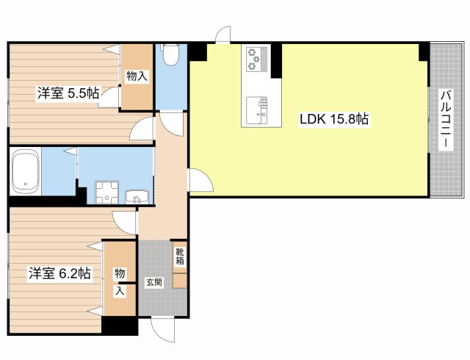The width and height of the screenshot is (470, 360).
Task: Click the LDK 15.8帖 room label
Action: pyautogui.click(x=334, y=120)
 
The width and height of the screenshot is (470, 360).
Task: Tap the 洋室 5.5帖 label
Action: pyautogui.click(x=68, y=93)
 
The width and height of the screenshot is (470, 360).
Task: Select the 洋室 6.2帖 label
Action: pyautogui.click(x=59, y=273)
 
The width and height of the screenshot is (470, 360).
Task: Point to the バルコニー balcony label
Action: pyautogui.click(x=446, y=120)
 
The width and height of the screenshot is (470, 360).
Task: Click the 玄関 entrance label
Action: pyautogui.click(x=154, y=282)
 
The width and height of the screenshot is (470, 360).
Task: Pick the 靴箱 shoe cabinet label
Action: pyautogui.click(x=180, y=256)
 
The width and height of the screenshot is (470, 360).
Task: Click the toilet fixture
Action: pyautogui.click(x=171, y=54)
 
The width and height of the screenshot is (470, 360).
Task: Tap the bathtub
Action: pyautogui.click(x=26, y=172)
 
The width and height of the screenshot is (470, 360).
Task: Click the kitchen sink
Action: pyautogui.click(x=257, y=110)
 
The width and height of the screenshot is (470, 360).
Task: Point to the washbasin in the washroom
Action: pyautogui.click(x=137, y=197)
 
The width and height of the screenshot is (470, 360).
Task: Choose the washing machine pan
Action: pyautogui.click(x=106, y=192)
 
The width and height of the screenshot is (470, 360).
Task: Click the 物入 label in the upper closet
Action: pyautogui.click(x=137, y=76)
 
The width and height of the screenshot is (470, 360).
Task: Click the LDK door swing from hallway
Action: pyautogui.click(x=200, y=180)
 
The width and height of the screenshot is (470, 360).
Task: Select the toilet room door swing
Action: pyautogui.click(x=171, y=123)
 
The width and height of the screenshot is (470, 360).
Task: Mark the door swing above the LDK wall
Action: pyautogui.click(x=223, y=35)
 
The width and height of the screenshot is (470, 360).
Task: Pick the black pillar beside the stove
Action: pyautogui.click(x=276, y=60)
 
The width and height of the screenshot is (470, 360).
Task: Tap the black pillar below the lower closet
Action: pyautogui.click(x=120, y=325)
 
